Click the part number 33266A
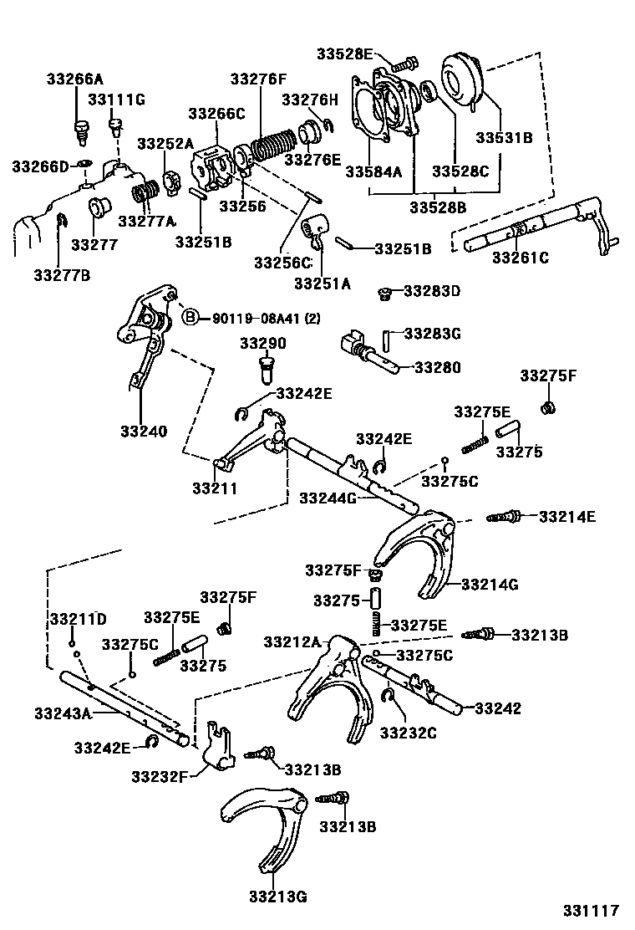(x=75, y=80)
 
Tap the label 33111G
(x=117, y=100)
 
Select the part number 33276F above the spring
(x=258, y=80)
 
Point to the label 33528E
(x=344, y=54)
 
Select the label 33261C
(x=520, y=258)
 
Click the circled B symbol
(x=190, y=317)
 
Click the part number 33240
(x=143, y=432)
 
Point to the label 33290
(x=263, y=344)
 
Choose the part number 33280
(x=437, y=367)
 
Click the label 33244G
(x=328, y=498)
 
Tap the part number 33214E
(x=566, y=517)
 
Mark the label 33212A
(x=292, y=641)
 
